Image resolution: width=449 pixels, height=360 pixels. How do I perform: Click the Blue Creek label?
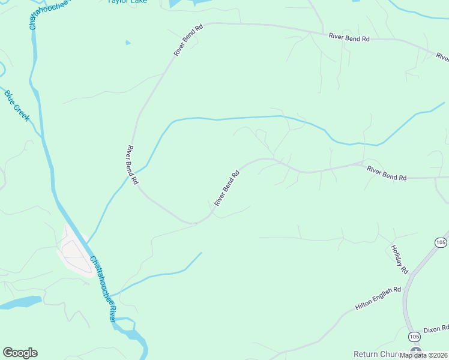pyautogui.click(x=17, y=105)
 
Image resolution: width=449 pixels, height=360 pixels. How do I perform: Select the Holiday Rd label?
pyautogui.click(x=399, y=259)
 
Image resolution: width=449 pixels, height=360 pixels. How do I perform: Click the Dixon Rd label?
pyautogui.click(x=436, y=329)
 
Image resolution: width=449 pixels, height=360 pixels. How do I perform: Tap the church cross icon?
pyautogui.click(x=415, y=351)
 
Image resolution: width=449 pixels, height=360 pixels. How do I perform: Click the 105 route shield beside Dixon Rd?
pyautogui.click(x=412, y=336)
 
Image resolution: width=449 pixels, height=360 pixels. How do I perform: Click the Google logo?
pyautogui.click(x=20, y=353)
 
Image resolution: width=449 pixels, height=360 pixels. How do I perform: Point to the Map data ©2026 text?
pyautogui.click(x=424, y=355)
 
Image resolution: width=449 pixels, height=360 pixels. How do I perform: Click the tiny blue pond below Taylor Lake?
pyautogui.click(x=127, y=43)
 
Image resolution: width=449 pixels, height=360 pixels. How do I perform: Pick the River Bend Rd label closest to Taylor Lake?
pyautogui.click(x=189, y=40)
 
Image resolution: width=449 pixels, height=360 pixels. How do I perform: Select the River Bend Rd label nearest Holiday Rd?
pyautogui.click(x=387, y=174)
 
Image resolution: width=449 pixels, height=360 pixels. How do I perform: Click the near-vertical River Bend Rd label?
pyautogui.click(x=133, y=164)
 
